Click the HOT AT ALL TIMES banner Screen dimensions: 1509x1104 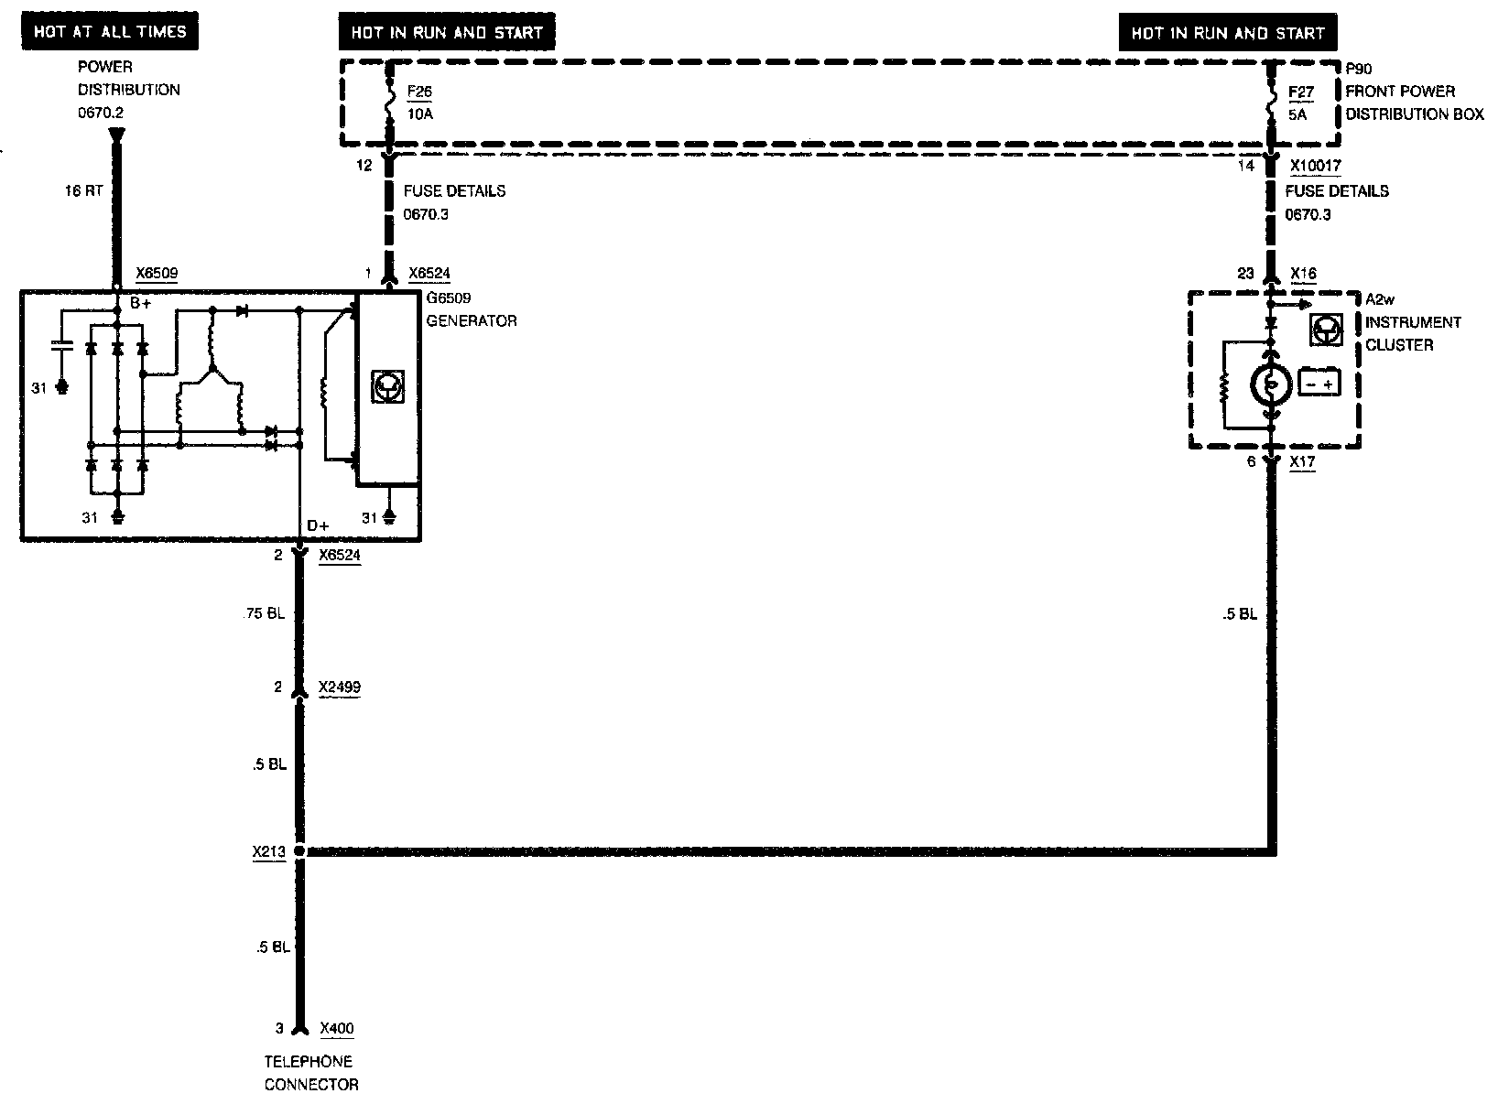pyautogui.click(x=110, y=32)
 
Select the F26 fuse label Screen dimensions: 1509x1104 pyautogui.click(x=419, y=92)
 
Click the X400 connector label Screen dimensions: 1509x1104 pyautogui.click(x=337, y=1028)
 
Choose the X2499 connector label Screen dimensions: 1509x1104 pyautogui.click(x=339, y=687)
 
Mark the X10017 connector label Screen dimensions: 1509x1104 pyautogui.click(x=1315, y=167)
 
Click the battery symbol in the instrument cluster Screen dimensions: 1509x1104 pyautogui.click(x=1319, y=382)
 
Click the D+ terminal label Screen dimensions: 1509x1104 pyautogui.click(x=318, y=525)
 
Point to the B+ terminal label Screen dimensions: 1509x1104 pyautogui.click(x=140, y=303)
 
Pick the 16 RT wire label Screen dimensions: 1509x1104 pyautogui.click(x=83, y=191)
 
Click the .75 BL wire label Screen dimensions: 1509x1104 pyautogui.click(x=266, y=613)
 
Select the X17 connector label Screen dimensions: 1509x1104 pyautogui.click(x=1302, y=462)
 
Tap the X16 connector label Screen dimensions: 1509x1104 pyautogui.click(x=1303, y=274)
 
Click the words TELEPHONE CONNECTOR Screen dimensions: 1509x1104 pyautogui.click(x=310, y=1073)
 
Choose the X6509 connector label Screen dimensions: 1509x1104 pyautogui.click(x=157, y=273)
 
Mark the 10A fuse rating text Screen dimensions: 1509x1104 pyautogui.click(x=420, y=114)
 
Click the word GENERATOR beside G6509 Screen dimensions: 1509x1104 pyautogui.click(x=472, y=320)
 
